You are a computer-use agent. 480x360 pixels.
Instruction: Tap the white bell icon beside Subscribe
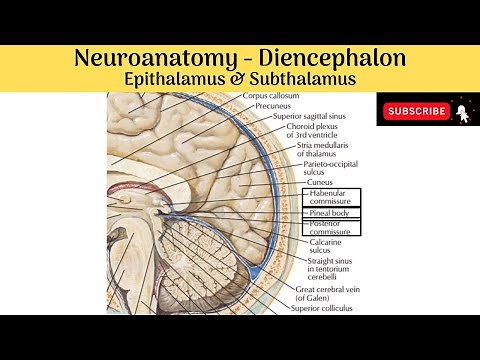[x=461, y=110]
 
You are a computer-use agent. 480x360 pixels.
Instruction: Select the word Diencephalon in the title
[x=324, y=58]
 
